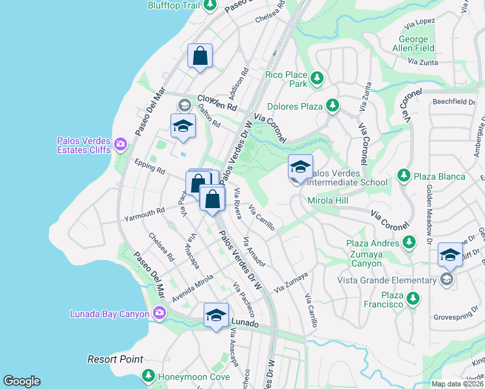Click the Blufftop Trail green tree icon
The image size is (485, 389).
tap(209, 5)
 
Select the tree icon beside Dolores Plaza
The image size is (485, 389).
tap(332, 104)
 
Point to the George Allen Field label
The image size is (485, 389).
tap(413, 43)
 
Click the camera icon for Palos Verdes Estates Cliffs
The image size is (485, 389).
tap(120, 144)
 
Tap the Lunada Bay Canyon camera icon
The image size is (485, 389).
tap(160, 314)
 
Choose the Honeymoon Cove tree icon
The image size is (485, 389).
tap(148, 375)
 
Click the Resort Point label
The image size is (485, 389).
tap(115, 359)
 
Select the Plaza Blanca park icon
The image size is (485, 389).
tap(403, 176)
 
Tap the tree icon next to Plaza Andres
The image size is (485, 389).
tap(408, 242)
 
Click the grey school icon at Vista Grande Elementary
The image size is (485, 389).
tap(446, 279)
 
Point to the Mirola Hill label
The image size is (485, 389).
tap(328, 201)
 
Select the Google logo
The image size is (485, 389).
tap(21, 381)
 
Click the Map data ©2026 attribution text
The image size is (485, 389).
tap(457, 384)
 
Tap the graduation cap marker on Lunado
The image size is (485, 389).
tap(216, 316)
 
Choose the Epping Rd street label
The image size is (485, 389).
tap(150, 167)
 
